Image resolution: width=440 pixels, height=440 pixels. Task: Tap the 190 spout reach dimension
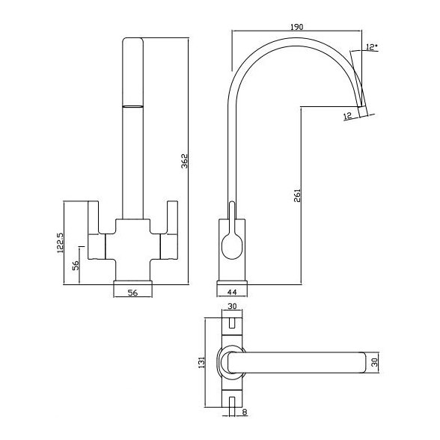pyautogui.click(x=297, y=26)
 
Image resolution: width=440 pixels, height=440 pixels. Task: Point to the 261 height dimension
pyautogui.click(x=297, y=195)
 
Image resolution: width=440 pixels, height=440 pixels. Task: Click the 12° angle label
pyautogui.click(x=372, y=48)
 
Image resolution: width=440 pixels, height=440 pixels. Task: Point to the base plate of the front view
pyautogui.click(x=132, y=284)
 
